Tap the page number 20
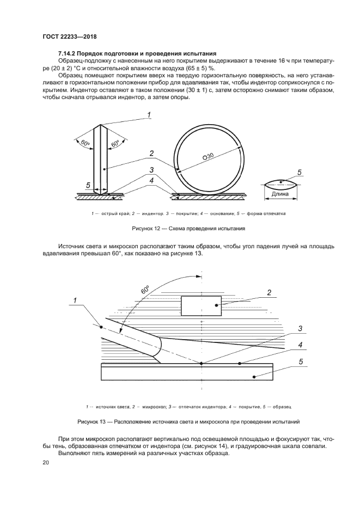[46, 462]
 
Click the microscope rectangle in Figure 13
[201, 305]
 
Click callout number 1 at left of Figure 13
[76, 299]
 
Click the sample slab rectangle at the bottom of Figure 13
[187, 372]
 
